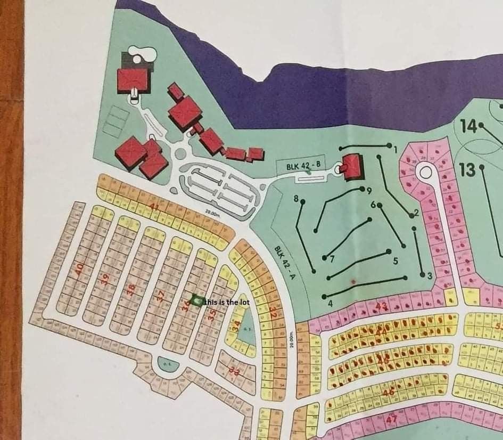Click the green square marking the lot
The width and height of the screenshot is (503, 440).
coord(196,301)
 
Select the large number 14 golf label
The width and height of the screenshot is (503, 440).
coord(468,126)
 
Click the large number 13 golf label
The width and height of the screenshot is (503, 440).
coord(467,170)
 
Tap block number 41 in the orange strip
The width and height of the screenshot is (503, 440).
coord(155,207)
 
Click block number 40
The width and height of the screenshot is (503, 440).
coord(79,269)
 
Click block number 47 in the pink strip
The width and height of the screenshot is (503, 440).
coord(392,419)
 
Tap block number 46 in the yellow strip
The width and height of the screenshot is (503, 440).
coord(389,393)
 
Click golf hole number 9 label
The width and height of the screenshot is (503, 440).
coord(368,190)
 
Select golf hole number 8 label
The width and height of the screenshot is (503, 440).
coord(296,199)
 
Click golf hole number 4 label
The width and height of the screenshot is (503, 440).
coord(330,304)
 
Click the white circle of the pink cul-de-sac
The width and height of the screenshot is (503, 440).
coord(425,172)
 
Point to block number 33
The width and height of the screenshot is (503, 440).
coord(234,369)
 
